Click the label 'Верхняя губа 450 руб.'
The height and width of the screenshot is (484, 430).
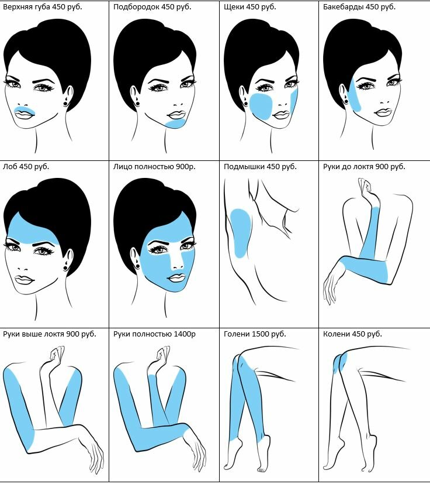tap(43, 7)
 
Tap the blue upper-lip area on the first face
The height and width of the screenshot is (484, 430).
tap(25, 109)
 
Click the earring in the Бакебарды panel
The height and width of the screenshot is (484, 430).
tap(346, 101)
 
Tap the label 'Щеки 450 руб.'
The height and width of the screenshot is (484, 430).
tap(249, 7)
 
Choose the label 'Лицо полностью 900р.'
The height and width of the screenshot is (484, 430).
tap(154, 167)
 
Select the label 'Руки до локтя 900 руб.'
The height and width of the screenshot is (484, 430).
tap(364, 167)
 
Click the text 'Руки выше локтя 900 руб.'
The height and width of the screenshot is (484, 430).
tap(49, 334)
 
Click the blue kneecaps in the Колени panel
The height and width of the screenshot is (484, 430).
tap(340, 362)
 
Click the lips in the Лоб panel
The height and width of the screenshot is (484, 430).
tap(25, 280)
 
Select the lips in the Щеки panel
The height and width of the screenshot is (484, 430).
tap(281, 115)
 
